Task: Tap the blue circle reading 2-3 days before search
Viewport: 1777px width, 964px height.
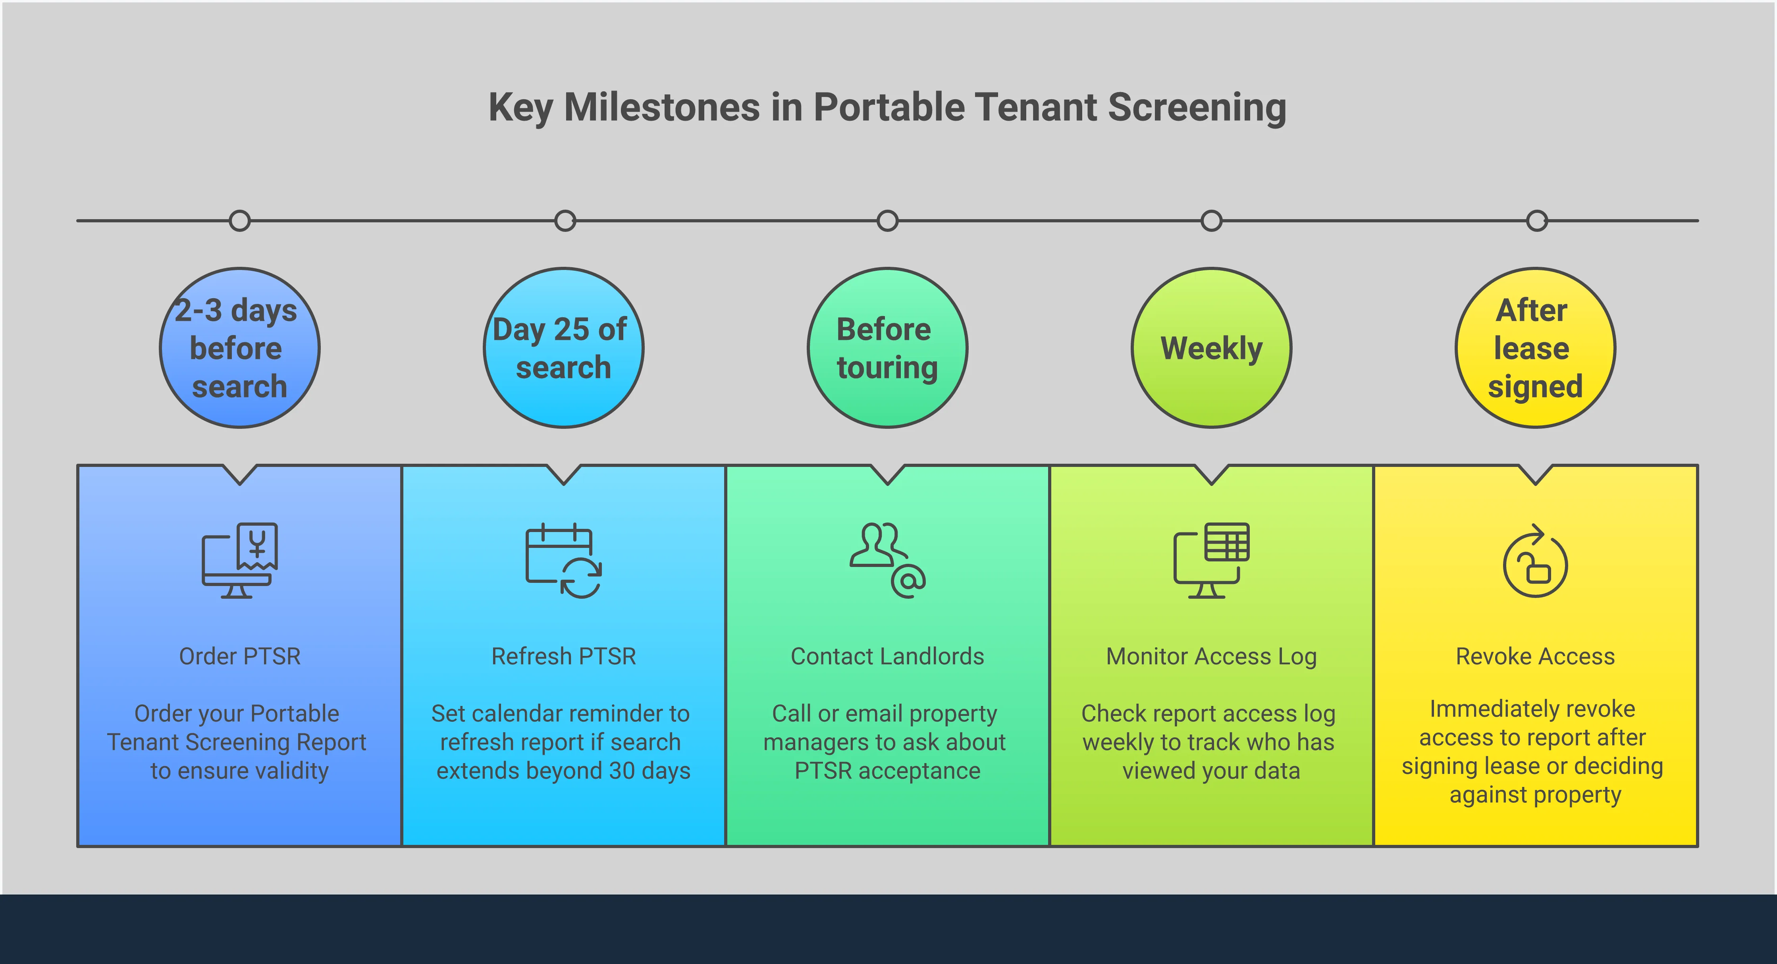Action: tap(239, 348)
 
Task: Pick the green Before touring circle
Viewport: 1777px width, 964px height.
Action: tap(887, 348)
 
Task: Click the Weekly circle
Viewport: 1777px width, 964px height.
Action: tap(1211, 348)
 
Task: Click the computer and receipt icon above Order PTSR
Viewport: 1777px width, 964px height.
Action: tap(239, 560)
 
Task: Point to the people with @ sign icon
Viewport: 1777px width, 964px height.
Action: tap(887, 560)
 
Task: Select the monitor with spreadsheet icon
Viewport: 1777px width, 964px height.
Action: tap(1211, 560)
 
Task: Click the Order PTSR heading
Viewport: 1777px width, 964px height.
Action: tap(239, 656)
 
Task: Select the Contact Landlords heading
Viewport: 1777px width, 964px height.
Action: tap(887, 656)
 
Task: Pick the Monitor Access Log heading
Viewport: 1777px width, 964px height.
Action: tap(1211, 656)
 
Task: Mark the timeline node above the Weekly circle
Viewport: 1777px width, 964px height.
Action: tap(1211, 221)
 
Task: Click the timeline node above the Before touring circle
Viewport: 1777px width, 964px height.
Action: tap(887, 221)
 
